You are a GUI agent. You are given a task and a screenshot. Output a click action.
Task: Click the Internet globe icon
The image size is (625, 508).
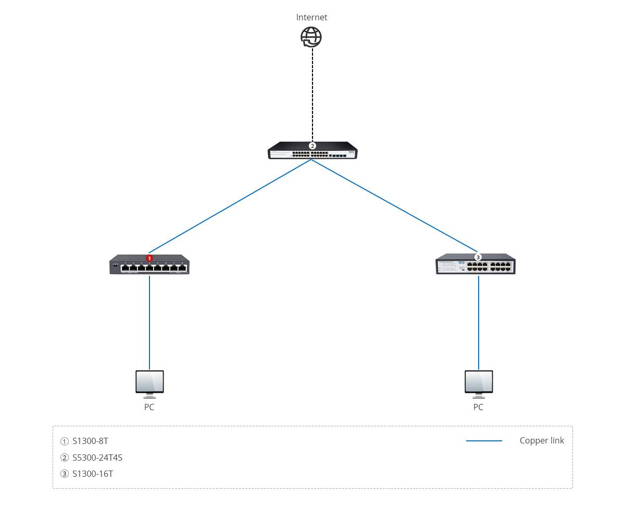pos(311,37)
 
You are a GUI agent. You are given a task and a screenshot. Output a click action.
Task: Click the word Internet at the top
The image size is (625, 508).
pos(311,17)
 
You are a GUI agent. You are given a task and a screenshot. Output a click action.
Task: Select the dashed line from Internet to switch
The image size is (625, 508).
pos(312,94)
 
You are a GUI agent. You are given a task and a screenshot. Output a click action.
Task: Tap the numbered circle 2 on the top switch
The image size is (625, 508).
pos(312,146)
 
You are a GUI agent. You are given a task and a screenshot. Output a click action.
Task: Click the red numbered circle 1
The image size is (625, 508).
pos(149,258)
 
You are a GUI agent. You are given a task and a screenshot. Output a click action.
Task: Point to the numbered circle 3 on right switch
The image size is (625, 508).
pos(478,257)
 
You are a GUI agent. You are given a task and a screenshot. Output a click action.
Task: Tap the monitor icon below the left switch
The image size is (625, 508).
pos(149,382)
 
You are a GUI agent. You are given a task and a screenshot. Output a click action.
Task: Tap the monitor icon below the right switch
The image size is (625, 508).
pos(478,382)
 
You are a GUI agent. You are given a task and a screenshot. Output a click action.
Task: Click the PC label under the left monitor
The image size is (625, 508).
pos(149,407)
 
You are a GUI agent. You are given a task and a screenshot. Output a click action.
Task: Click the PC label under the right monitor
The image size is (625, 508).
pos(478,407)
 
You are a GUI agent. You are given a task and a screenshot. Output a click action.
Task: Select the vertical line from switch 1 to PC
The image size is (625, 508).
pos(149,323)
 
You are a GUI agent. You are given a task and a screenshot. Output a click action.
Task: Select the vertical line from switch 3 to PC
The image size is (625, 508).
pos(478,323)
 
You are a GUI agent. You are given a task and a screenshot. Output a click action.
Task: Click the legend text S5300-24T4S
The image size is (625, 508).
pos(97,458)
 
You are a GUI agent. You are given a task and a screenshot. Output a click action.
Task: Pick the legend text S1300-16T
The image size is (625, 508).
pos(93,474)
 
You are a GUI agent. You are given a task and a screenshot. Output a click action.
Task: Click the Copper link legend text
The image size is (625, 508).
pos(542,440)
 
